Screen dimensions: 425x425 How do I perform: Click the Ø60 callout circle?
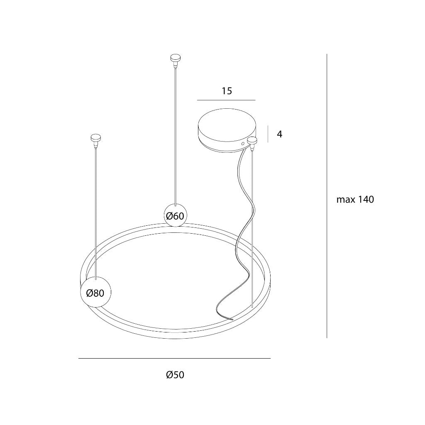click(176, 215)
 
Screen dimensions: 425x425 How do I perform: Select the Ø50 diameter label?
click(175, 375)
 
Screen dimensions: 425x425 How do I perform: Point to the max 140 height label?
click(355, 200)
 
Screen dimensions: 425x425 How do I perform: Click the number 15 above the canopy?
click(227, 91)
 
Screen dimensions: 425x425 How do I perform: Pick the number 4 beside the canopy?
click(280, 134)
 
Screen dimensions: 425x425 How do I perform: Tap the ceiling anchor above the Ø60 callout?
click(176, 60)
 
